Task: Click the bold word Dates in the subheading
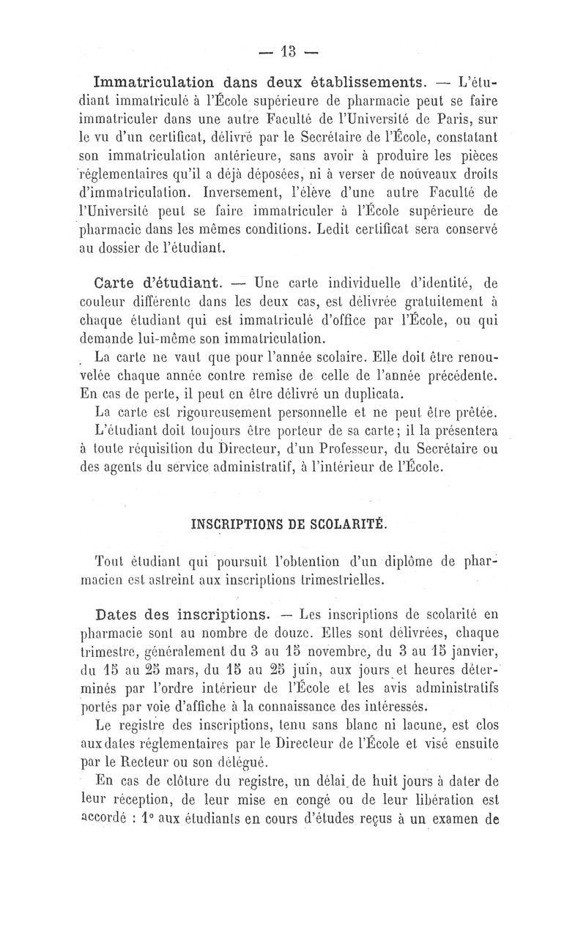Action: tap(121, 612)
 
